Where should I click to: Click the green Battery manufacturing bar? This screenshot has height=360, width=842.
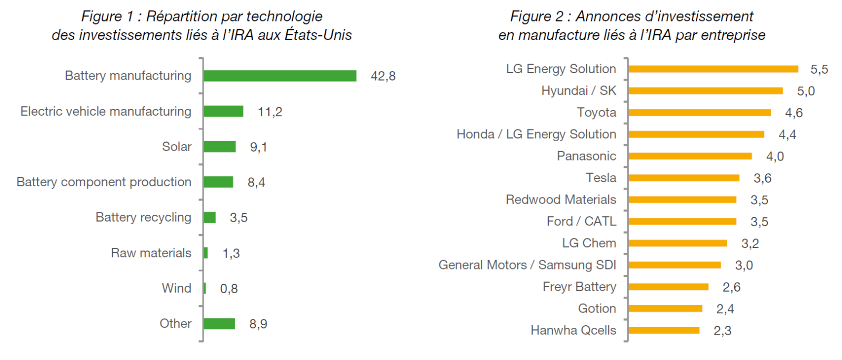click(279, 76)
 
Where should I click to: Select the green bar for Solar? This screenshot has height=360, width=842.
click(219, 146)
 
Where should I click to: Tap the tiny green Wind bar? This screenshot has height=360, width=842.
click(205, 288)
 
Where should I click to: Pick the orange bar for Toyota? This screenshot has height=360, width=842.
click(699, 113)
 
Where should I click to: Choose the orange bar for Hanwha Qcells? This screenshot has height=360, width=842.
click(664, 331)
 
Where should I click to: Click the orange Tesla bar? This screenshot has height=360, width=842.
click(684, 178)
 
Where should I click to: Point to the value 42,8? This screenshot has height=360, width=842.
click(383, 76)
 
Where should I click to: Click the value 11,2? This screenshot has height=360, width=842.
click(270, 112)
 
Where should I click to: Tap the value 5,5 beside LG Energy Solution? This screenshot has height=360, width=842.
click(819, 69)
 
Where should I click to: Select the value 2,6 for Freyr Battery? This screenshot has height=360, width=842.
click(731, 287)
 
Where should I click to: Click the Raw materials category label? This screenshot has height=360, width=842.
click(151, 253)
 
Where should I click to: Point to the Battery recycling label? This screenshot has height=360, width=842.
click(143, 217)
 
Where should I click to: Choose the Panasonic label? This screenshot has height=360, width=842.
click(586, 156)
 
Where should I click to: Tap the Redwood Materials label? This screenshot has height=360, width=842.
click(560, 200)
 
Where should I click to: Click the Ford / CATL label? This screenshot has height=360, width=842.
click(581, 222)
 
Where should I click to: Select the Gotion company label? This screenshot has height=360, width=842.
click(597, 308)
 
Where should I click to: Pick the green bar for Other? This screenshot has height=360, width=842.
click(219, 324)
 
